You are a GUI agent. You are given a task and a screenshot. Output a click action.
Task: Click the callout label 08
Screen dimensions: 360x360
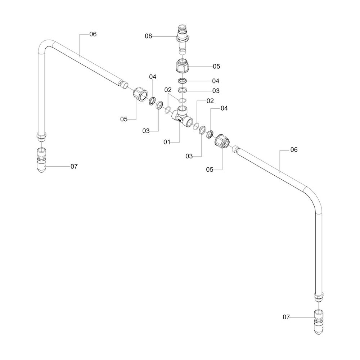[x=148, y=36]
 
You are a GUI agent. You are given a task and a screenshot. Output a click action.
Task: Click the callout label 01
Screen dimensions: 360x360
[x=167, y=142]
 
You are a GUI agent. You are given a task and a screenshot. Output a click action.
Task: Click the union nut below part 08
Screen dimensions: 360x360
[x=183, y=66]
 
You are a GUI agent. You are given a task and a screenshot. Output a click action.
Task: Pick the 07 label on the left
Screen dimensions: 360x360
[x=74, y=166]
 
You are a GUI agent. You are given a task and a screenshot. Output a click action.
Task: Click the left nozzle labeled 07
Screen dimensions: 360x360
[x=42, y=160]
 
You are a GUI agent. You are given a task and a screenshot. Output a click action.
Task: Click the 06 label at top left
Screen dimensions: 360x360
[x=93, y=34]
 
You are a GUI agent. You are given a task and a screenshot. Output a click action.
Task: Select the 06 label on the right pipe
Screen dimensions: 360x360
[x=294, y=150]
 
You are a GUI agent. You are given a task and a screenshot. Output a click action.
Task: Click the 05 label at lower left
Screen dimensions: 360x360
[x=124, y=119]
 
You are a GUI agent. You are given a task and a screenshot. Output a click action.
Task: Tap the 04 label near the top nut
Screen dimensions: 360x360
[x=216, y=81]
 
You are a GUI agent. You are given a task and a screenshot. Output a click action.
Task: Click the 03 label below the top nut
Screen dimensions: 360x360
[x=216, y=90]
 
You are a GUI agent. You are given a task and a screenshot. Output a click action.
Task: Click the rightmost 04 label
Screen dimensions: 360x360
[x=224, y=108]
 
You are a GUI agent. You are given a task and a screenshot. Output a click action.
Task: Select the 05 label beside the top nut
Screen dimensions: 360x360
[x=216, y=66]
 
